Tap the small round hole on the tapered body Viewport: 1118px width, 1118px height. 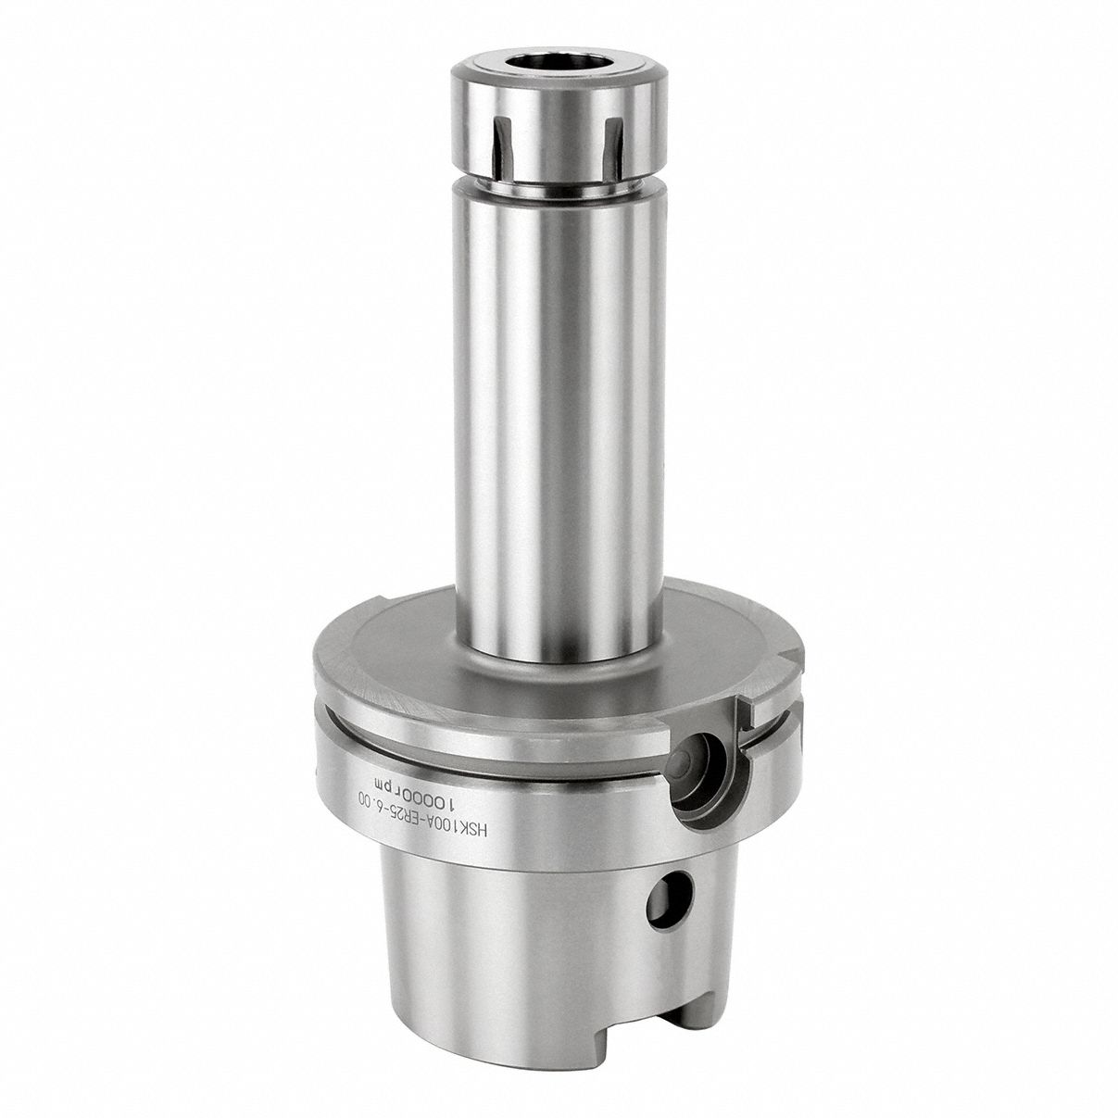point(669,899)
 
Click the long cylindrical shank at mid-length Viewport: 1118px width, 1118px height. point(559,417)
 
